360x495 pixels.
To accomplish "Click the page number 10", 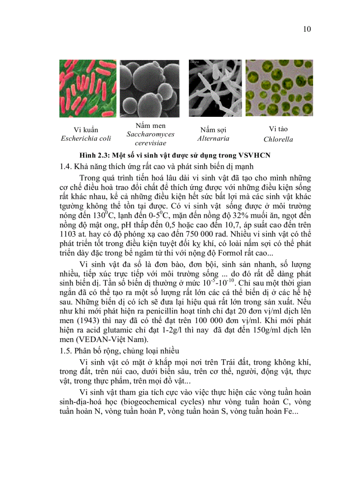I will point(307,30).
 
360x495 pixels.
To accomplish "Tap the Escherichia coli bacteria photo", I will point(86,88).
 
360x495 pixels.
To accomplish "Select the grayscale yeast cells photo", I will point(150,88).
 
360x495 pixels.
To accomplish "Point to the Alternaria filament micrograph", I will point(214,88).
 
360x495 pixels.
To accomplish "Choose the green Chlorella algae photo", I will point(279,88).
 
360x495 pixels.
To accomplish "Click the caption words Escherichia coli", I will point(86,138).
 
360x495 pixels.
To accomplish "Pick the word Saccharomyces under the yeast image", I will point(150,134).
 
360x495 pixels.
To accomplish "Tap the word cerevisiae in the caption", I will point(150,143).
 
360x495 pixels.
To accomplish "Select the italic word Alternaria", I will point(213,138).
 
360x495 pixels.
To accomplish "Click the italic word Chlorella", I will point(278,139).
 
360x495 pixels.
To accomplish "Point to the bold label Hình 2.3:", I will point(94,155).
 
